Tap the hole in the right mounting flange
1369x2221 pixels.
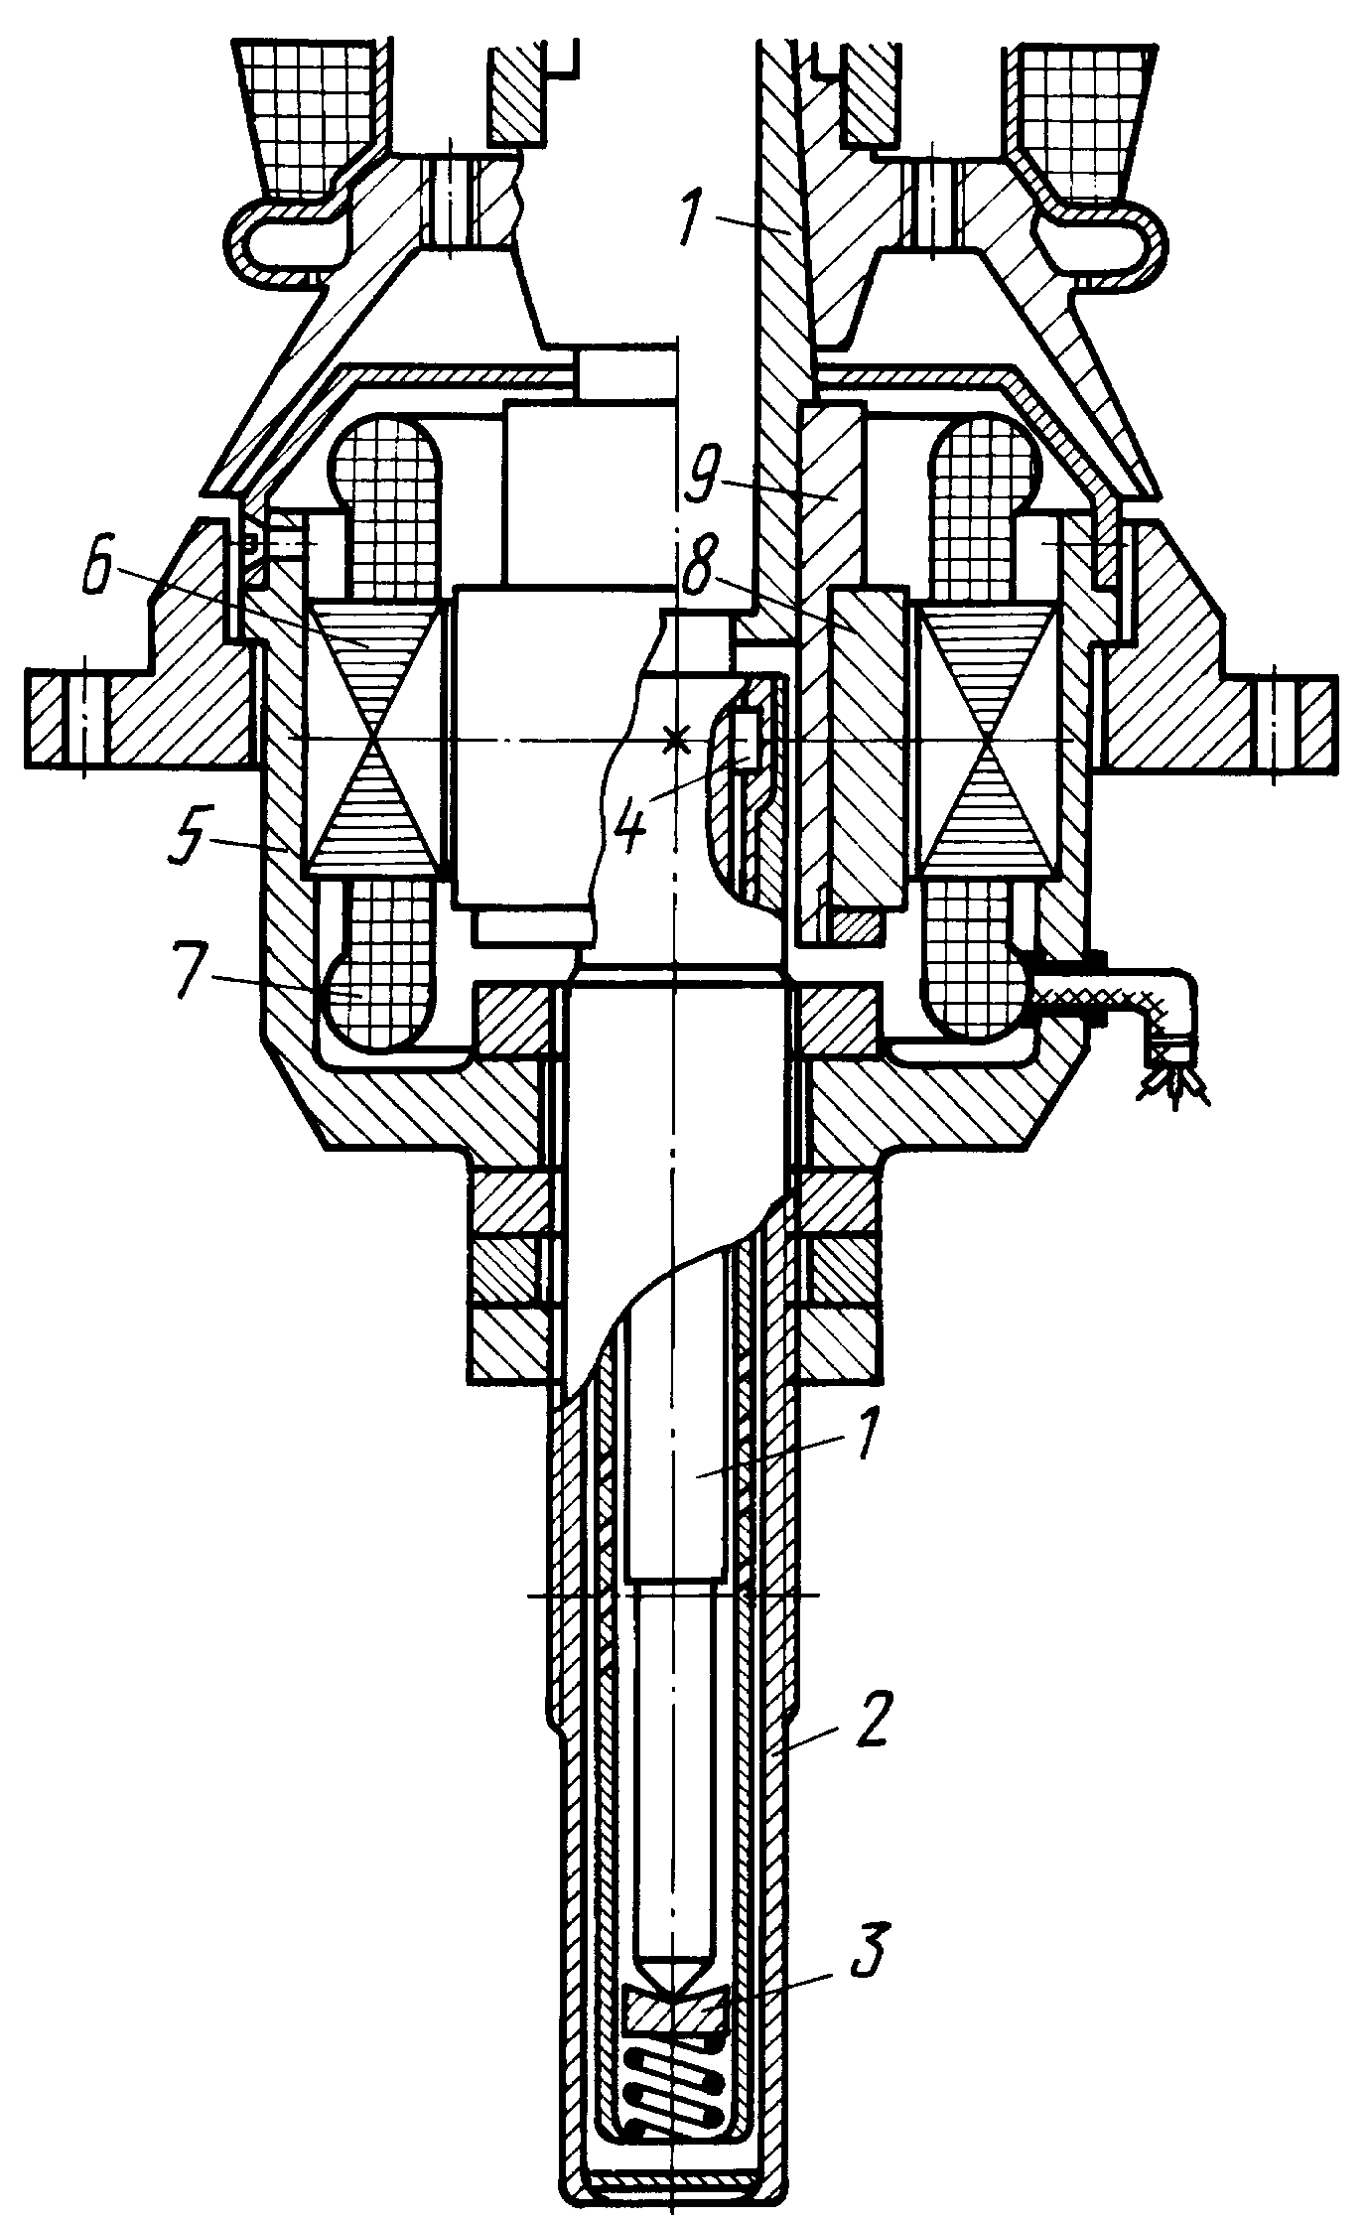[x=1277, y=720]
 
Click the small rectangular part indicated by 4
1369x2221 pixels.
[x=746, y=740]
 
